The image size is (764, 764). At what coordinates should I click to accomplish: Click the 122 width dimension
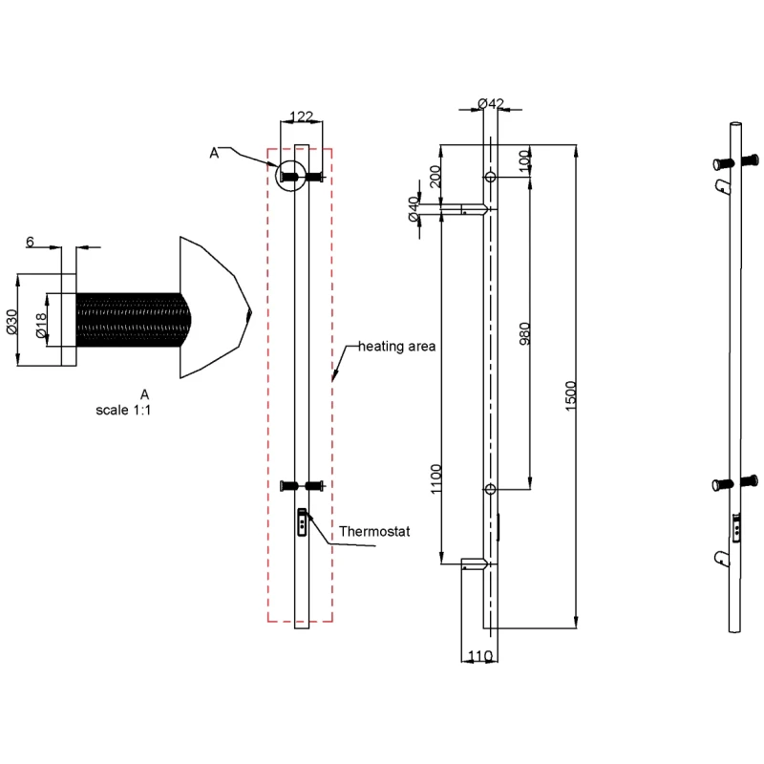click(x=301, y=117)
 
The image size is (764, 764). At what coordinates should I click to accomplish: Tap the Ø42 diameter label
click(x=490, y=103)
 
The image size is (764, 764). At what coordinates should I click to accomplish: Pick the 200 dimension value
click(x=436, y=178)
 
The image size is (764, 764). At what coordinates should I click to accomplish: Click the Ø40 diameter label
click(x=414, y=209)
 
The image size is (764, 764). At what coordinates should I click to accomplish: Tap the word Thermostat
click(x=374, y=531)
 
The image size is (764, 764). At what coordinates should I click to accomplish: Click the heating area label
click(x=396, y=346)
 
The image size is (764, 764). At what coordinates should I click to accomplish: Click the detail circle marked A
click(x=289, y=175)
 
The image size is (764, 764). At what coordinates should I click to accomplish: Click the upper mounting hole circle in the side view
click(x=490, y=178)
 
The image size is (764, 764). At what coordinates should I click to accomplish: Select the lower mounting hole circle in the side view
click(x=490, y=490)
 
